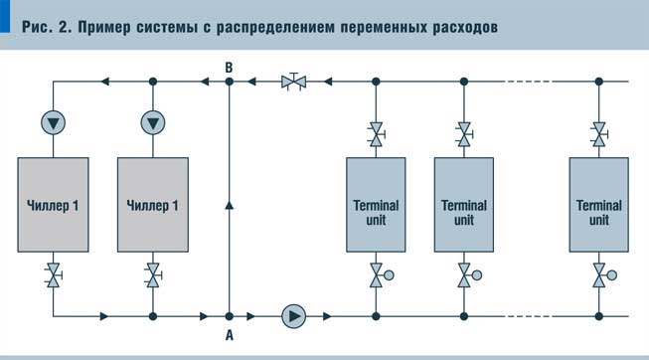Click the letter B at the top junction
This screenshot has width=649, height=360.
pos(230,66)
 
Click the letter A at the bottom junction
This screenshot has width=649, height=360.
pos(230,335)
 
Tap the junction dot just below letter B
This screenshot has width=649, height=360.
pos(230,82)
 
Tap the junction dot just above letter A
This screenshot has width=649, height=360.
pos(230,316)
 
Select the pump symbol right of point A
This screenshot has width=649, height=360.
pos(294,316)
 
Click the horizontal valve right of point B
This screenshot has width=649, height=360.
pos(293,82)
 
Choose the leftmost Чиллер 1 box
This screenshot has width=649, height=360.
pos(54,205)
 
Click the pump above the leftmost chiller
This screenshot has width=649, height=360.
pos(54,122)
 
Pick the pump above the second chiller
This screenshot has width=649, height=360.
pos(152,122)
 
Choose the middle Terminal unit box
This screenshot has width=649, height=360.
pos(464,205)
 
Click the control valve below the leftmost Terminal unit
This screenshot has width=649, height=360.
pos(377,275)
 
